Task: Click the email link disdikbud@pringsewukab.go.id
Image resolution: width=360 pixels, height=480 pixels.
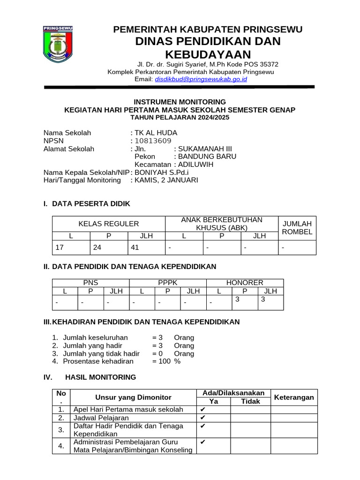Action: [201, 80]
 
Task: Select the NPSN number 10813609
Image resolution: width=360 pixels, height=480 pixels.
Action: [153, 141]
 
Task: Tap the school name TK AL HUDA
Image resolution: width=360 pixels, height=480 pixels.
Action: [156, 133]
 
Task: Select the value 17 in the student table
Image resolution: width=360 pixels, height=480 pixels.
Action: [60, 247]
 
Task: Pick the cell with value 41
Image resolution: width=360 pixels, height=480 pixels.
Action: [135, 247]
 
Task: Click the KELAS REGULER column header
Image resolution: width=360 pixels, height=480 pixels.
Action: [109, 224]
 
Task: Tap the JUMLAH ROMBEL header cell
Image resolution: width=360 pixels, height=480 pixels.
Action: [297, 228]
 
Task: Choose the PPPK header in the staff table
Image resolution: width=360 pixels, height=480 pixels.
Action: [167, 283]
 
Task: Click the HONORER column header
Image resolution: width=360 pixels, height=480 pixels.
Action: [245, 283]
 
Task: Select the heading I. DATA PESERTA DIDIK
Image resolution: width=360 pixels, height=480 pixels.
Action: [87, 204]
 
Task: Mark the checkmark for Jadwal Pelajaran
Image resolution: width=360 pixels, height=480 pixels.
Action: [203, 418]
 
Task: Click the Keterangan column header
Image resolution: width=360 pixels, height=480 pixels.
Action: [294, 397]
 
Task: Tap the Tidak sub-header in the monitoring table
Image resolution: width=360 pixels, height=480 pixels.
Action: [250, 401]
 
